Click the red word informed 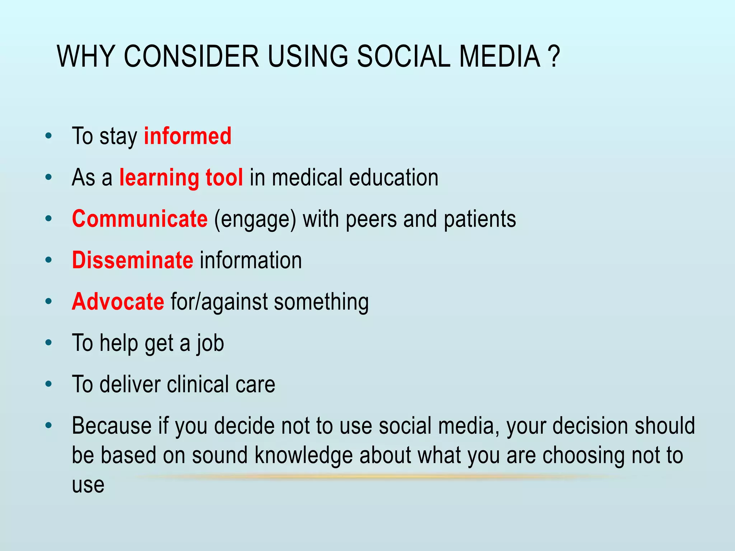pos(188,136)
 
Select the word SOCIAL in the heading pos(403,57)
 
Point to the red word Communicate pos(140,219)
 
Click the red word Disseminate pos(132,260)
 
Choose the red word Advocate pos(118,302)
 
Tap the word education pos(394,178)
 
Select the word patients pos(480,219)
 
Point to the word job pos(210,344)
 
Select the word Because pos(112,426)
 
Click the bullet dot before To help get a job pos(49,343)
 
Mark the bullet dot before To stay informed pos(49,136)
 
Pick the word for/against pos(219,302)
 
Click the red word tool pos(224,178)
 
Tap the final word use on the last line pos(88,485)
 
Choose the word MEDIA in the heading pos(500,57)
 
